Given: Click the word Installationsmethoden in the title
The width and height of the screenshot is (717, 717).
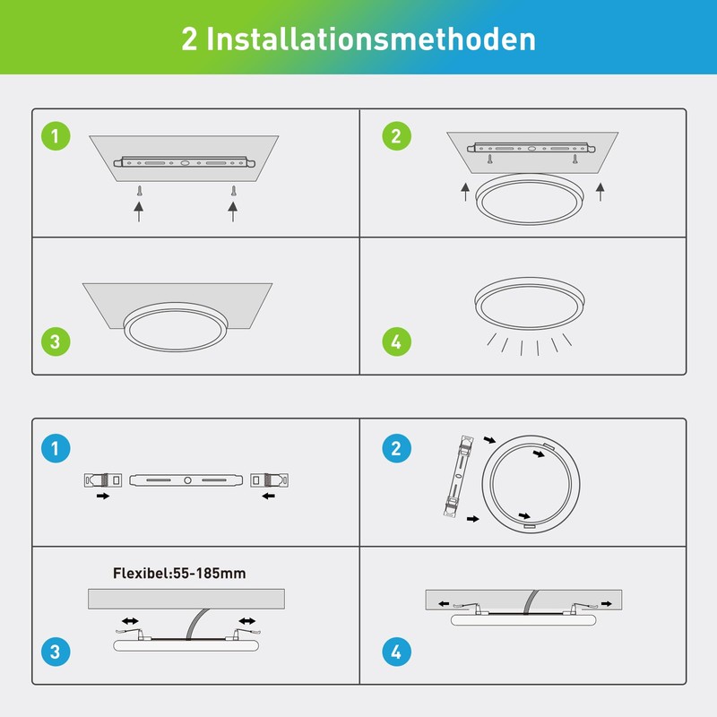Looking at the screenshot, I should point(371,39).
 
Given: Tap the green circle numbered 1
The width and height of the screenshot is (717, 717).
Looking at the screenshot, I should point(56,137).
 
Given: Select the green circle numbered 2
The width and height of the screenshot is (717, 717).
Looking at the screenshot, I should point(396,137).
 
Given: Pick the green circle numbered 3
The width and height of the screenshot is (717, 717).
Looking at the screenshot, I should point(56,341).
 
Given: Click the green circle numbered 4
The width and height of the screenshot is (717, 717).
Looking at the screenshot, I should point(396,341).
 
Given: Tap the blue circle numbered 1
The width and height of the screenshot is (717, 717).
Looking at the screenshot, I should point(56,449).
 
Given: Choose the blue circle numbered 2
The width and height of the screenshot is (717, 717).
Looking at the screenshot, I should point(396,449).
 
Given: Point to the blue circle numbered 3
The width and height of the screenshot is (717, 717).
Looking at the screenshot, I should point(56,652).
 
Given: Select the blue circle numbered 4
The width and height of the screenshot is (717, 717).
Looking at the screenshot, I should point(396,652).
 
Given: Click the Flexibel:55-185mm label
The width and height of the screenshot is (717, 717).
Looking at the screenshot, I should point(179,573).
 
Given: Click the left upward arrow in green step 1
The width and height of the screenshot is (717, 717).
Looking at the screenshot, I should point(139,211).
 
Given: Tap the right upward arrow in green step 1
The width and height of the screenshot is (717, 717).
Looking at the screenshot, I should point(233,211).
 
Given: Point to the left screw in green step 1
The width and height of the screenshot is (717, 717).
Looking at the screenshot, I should point(139,190).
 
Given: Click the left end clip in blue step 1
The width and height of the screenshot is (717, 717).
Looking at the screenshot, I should point(98,479).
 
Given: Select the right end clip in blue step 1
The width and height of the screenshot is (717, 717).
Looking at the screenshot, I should point(270,479).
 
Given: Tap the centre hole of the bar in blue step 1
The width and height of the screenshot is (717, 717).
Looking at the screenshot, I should point(187,480).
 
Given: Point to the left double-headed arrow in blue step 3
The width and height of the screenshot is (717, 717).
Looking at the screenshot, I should point(131,620).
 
